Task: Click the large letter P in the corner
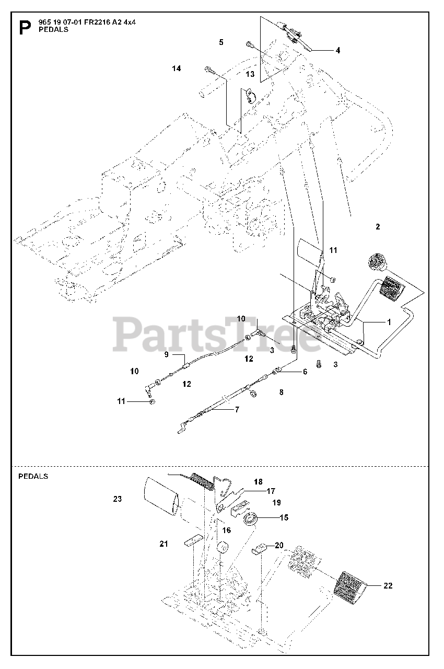pos(24,27)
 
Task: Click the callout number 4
pos(338,51)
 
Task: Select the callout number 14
pos(177,68)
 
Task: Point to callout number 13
pos(250,74)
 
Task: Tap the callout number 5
pos(221,42)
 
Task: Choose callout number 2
pos(378,226)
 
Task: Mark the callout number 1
pos(388,322)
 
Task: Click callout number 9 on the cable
pos(167,354)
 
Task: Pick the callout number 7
pos(237,409)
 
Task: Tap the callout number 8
pos(282,391)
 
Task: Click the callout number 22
pos(387,586)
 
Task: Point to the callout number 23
pos(117,499)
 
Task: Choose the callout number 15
pos(284,517)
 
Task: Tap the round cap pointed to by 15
pos(252,520)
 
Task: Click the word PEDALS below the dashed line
pos(33,476)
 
